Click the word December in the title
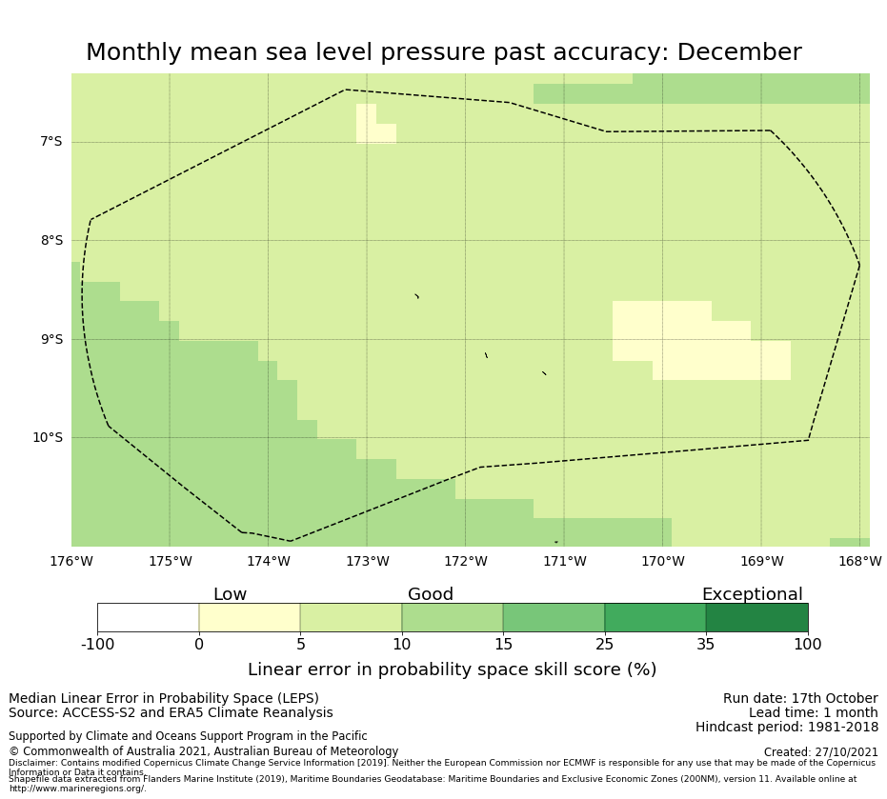740,53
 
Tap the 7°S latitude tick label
50,142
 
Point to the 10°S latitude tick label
47,438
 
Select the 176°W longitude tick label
71,562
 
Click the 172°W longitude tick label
466,562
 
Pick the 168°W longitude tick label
859,562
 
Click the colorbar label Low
230,595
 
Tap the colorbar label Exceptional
752,595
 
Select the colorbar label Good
431,595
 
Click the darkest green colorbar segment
756,618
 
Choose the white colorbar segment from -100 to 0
148,618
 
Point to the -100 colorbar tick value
97,645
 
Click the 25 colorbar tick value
604,645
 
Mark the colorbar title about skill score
452,670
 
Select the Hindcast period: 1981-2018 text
786,728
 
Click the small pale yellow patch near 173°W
372,125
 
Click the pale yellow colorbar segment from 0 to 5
250,618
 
